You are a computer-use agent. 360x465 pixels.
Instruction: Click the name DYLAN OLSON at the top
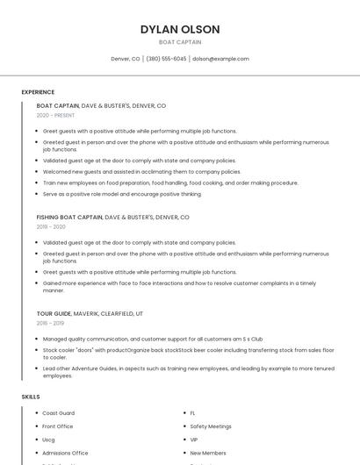180,30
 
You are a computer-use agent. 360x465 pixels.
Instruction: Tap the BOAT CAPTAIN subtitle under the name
180,42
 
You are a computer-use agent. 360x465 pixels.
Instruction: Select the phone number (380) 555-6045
166,59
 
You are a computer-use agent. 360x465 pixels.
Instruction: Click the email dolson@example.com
220,59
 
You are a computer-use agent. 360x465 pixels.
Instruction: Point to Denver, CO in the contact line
126,59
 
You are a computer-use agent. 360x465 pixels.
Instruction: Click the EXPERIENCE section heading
38,92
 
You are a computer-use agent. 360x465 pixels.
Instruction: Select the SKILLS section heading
31,397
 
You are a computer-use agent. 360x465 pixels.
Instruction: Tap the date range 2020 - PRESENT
55,115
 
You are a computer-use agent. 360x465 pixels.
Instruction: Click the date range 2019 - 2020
51,226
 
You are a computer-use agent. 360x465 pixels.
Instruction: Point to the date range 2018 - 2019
51,323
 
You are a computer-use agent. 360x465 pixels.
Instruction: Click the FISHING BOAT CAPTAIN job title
69,217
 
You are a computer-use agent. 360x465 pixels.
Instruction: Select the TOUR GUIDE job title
54,313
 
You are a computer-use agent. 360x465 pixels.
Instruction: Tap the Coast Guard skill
59,413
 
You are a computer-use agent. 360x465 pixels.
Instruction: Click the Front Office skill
58,426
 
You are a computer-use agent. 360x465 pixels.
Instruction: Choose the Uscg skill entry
49,440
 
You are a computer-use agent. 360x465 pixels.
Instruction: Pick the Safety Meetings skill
211,426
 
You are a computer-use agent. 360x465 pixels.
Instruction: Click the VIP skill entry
194,440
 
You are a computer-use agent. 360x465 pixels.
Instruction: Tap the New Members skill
208,453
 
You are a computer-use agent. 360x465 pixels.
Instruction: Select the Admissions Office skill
65,453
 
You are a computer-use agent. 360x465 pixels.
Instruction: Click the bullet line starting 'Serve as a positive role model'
122,194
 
